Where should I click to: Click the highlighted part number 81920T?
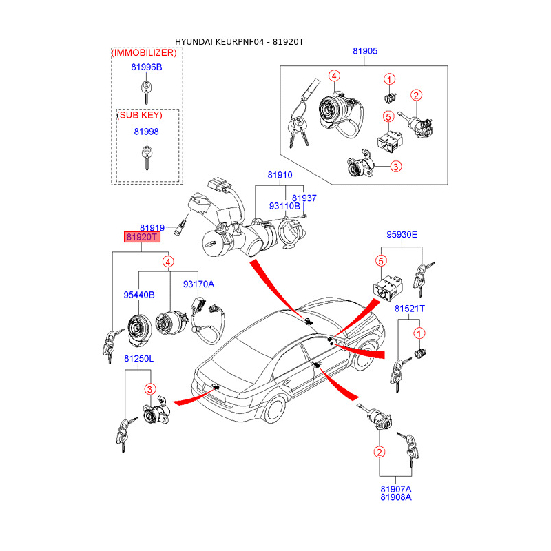coord(142,238)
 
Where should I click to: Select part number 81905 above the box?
coord(365,52)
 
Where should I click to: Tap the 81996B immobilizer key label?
coord(146,67)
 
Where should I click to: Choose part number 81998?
coord(146,132)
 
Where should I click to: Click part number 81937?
coord(304,198)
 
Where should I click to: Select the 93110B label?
coord(284,206)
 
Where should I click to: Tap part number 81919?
coord(152,227)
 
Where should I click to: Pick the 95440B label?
coord(139,295)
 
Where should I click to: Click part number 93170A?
coord(198,284)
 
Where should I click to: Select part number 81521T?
coord(410,309)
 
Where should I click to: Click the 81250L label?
coord(139,359)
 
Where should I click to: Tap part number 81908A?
coord(395,497)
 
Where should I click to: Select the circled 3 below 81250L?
coord(149,389)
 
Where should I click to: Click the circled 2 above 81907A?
coord(379,452)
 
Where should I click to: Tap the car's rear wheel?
coord(272,409)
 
